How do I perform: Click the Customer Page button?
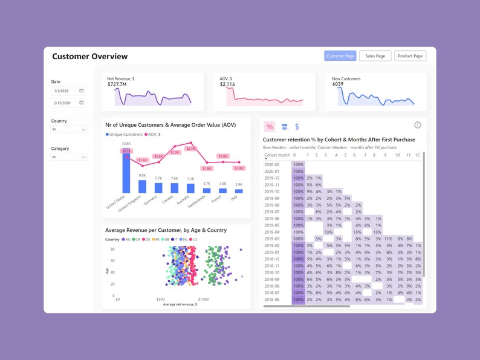340,56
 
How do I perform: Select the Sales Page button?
375,56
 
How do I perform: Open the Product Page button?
410,56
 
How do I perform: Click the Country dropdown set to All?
69,129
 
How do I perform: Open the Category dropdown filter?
69,157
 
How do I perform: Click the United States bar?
126,173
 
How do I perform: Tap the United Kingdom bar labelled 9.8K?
142,186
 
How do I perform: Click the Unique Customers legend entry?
125,134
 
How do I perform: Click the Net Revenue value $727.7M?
117,85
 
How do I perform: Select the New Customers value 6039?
337,85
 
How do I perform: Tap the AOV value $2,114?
227,85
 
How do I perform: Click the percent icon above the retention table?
270,127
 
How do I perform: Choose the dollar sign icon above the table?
297,127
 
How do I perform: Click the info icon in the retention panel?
417,125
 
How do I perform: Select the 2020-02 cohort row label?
272,164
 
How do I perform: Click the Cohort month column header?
277,155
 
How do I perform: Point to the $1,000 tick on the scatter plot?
203,299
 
